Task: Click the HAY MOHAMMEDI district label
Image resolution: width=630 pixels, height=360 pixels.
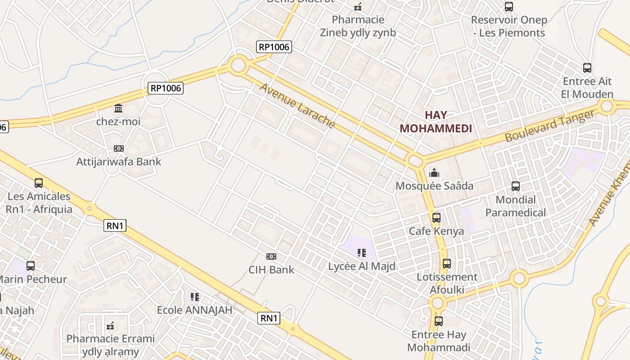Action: [436, 121]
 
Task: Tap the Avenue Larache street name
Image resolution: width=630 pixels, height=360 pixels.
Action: [297, 106]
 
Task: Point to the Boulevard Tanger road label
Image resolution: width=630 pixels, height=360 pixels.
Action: [549, 126]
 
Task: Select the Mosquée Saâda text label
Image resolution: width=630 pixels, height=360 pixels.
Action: [434, 186]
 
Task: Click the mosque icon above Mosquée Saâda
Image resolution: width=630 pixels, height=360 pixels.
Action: [434, 173]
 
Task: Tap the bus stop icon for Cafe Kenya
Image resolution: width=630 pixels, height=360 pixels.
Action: [436, 218]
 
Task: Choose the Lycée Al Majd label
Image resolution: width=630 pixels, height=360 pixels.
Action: [362, 266]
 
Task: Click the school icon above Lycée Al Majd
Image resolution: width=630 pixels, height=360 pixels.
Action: [361, 253]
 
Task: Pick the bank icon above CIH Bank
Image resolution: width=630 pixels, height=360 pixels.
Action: [271, 256]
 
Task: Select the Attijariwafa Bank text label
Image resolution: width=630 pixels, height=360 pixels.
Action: [119, 162]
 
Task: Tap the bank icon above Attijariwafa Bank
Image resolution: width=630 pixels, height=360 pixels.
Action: [119, 148]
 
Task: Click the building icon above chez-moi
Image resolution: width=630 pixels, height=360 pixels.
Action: [118, 108]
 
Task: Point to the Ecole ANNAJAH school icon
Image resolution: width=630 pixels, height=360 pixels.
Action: [194, 297]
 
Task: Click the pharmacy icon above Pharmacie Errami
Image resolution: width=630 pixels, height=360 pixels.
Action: [110, 325]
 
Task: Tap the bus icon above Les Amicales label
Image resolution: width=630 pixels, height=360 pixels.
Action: [39, 183]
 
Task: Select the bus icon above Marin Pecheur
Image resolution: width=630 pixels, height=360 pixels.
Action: [31, 266]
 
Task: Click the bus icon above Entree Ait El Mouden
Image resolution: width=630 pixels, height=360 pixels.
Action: [587, 68]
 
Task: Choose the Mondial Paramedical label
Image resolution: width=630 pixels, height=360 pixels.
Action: [515, 206]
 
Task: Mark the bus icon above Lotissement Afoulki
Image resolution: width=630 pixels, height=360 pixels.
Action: [446, 264]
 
